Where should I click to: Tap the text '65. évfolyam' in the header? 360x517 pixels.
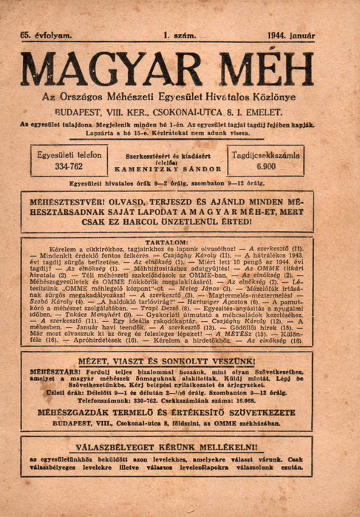coord(47,35)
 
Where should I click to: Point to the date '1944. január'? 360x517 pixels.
coord(291,35)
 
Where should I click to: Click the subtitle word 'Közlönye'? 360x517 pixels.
coord(285,97)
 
